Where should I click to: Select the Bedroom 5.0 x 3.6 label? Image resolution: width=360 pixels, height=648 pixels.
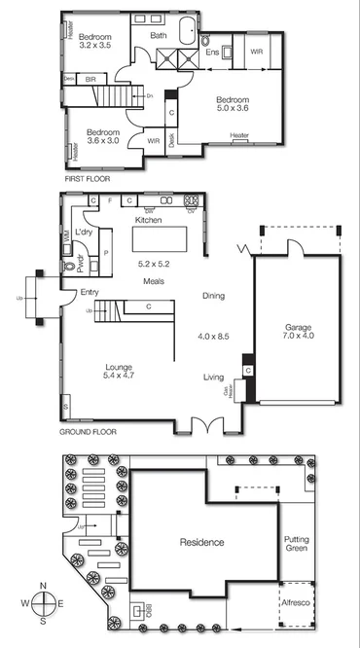pyautogui.click(x=233, y=105)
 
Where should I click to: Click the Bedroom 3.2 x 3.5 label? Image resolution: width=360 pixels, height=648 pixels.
pyautogui.click(x=100, y=40)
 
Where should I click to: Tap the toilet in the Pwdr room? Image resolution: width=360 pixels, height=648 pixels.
pyautogui.click(x=69, y=264)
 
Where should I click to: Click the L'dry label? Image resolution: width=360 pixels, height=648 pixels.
pyautogui.click(x=83, y=234)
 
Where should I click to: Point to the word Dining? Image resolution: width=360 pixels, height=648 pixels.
pyautogui.click(x=214, y=296)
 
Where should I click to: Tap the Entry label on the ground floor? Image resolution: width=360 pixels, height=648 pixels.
pyautogui.click(x=77, y=292)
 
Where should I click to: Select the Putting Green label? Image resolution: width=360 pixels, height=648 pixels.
pyautogui.click(x=295, y=544)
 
